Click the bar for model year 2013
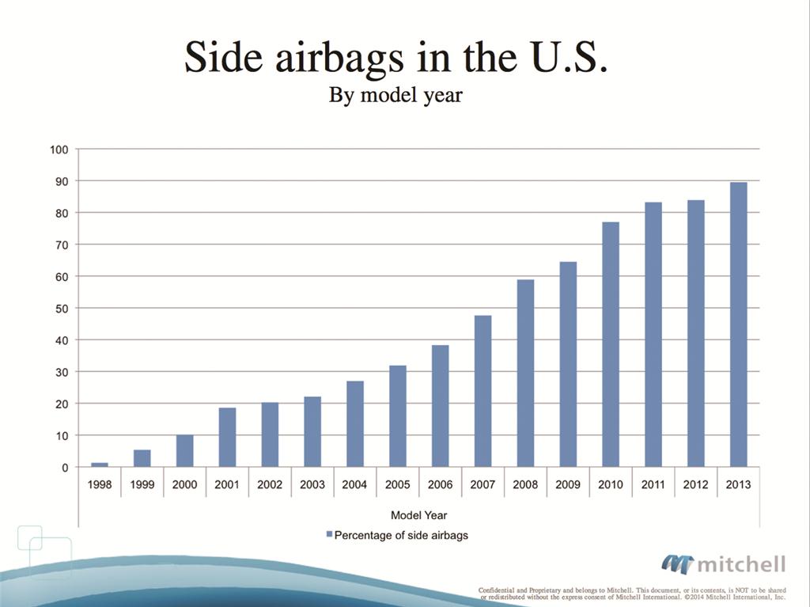(738, 324)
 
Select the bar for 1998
(100, 465)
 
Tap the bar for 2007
(483, 391)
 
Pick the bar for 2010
(611, 344)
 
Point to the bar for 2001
(227, 437)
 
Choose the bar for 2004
(355, 424)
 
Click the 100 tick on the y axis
(60, 149)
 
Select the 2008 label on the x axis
(525, 484)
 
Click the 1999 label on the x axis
(142, 484)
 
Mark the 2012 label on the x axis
(695, 484)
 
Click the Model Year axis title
(418, 515)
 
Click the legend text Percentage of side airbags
(401, 535)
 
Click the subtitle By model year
(395, 97)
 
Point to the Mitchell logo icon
(677, 563)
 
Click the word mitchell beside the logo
(741, 564)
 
